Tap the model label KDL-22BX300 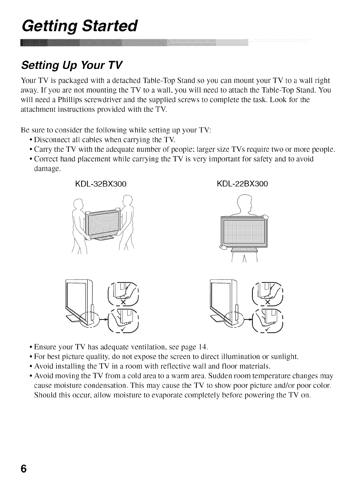pyautogui.click(x=242, y=184)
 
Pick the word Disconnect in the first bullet pyautogui.click(x=51, y=140)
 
